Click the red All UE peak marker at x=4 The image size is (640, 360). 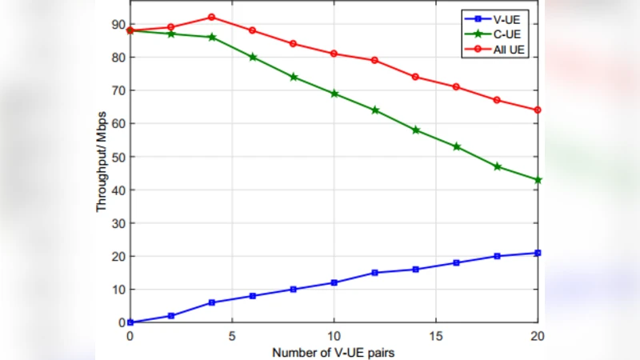point(211,17)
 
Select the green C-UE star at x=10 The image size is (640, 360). point(334,94)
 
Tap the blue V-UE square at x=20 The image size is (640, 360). point(538,253)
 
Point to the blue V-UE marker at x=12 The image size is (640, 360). point(374,273)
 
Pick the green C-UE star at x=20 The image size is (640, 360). point(538,180)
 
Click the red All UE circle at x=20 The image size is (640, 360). point(538,110)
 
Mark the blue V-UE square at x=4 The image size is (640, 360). point(211,302)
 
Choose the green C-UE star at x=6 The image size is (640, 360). point(252,58)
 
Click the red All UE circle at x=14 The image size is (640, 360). point(415,77)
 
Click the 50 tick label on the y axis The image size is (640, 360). point(118,157)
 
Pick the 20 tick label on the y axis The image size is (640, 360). point(118,256)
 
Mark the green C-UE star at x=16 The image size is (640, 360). point(456,146)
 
